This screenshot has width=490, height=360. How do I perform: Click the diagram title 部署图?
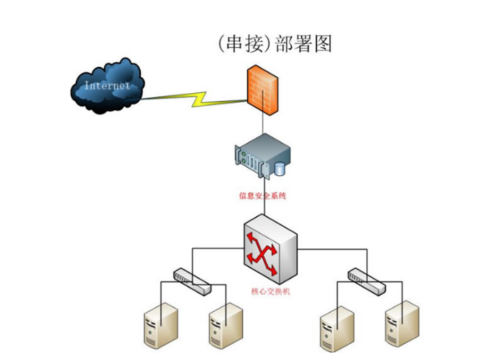click(303, 43)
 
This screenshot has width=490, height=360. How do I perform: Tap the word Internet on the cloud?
click(107, 85)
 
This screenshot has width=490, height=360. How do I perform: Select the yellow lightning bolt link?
click(194, 99)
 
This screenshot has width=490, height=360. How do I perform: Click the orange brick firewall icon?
click(262, 90)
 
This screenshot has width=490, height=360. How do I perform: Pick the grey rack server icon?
click(262, 155)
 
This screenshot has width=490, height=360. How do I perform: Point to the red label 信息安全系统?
click(262, 196)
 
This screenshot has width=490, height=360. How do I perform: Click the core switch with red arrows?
click(270, 249)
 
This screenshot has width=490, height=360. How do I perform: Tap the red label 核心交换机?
click(270, 291)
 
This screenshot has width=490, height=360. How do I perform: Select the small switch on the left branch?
click(192, 281)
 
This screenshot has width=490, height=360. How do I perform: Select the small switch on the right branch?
click(366, 281)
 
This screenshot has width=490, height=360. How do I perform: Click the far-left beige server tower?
click(161, 325)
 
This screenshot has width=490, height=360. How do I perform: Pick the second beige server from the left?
click(225, 325)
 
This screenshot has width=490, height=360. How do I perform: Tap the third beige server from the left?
click(337, 328)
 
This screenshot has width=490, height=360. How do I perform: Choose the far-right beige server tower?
click(402, 324)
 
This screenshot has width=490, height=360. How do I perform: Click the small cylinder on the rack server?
click(279, 169)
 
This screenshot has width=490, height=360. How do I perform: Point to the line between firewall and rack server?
click(263, 124)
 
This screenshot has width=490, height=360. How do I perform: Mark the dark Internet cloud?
click(107, 85)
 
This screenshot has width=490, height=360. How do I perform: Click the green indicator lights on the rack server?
click(243, 157)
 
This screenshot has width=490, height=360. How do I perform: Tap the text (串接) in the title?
click(244, 43)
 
